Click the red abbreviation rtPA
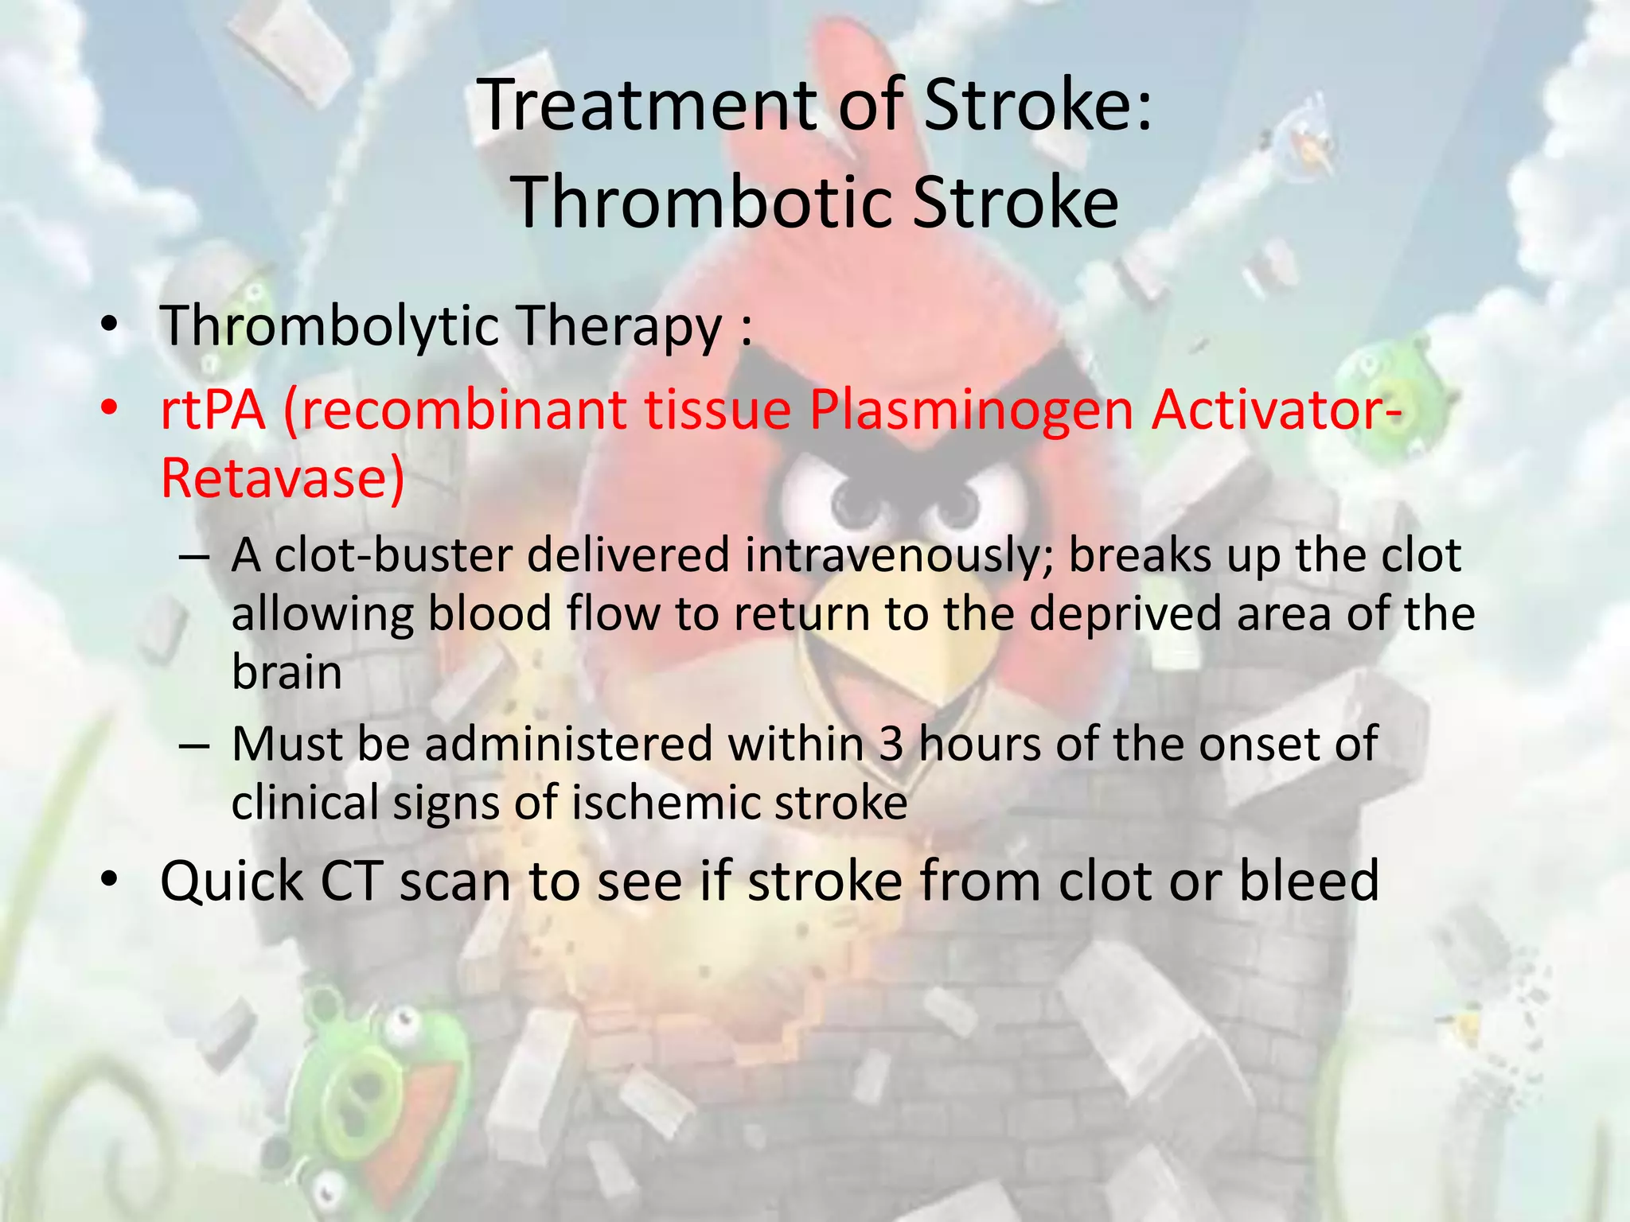pos(213,411)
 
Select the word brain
pos(287,673)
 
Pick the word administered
pos(568,745)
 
